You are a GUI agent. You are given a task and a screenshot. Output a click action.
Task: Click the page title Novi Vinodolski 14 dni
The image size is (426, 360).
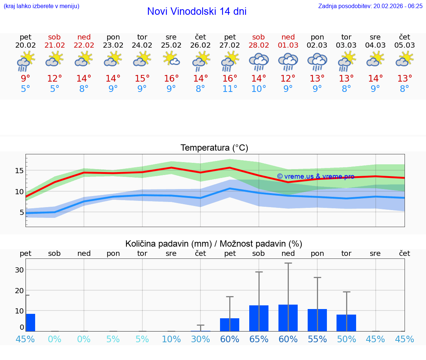pos(197,11)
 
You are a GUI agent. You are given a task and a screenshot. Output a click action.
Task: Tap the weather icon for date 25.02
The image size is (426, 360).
pos(171,59)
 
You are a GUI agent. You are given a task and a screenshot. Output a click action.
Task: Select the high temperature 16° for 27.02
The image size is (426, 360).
pos(230,79)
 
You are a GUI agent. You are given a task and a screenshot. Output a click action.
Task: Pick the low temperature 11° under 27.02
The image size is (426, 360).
pos(230,89)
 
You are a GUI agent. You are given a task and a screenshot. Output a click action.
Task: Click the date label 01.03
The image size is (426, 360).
pos(288,45)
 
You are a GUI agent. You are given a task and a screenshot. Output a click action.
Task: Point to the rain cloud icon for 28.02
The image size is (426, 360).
pos(258,61)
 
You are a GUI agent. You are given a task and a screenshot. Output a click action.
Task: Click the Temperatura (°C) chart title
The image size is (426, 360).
pos(214,148)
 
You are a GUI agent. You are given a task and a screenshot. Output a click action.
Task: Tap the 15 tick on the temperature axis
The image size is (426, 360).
pos(19,171)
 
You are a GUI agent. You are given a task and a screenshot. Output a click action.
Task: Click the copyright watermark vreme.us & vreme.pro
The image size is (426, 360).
pos(315,176)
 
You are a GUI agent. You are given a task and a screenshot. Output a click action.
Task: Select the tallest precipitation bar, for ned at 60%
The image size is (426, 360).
pos(288,318)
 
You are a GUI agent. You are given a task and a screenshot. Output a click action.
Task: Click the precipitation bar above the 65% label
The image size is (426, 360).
pos(259,318)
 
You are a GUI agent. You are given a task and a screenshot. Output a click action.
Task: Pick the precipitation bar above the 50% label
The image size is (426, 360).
pos(346,323)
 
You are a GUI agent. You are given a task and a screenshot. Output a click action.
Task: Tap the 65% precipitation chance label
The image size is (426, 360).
pos(258,339)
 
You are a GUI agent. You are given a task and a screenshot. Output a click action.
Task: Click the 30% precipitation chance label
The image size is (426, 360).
pos(200,339)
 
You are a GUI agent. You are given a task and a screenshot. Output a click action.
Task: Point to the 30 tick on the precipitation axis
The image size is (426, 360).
pos(19,270)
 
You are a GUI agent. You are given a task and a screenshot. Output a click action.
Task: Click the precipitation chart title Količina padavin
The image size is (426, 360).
pos(214,244)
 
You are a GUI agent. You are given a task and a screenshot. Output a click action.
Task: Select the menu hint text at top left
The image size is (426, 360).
pos(41,6)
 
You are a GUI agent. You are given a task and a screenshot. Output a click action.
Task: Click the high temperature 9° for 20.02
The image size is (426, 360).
pos(26,79)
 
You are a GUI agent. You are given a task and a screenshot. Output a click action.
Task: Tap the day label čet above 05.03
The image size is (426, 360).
pos(405,37)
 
